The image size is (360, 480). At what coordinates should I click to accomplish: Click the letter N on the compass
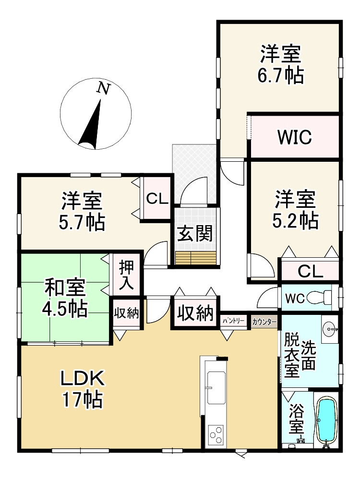(x=104, y=88)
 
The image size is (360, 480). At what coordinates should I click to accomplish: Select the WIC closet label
(x=295, y=137)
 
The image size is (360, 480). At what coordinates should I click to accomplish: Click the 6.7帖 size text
(x=281, y=75)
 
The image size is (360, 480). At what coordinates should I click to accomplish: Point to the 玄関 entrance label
(x=195, y=234)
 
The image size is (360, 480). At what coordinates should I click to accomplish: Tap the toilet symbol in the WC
(x=319, y=298)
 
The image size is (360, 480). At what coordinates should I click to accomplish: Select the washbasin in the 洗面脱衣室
(x=330, y=329)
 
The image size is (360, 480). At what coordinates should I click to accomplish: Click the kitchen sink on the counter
(x=216, y=387)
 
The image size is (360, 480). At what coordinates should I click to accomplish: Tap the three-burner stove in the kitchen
(x=216, y=435)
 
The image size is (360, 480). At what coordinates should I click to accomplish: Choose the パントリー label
(x=234, y=321)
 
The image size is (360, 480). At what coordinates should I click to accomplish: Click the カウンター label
(x=264, y=322)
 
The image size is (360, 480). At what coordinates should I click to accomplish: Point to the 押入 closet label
(x=126, y=275)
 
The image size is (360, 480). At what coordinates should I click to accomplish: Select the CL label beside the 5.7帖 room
(x=157, y=199)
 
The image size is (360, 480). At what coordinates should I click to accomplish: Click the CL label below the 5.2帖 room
(x=311, y=271)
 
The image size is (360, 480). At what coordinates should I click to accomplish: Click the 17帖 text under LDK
(x=83, y=399)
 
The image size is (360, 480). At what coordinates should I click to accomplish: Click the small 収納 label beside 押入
(x=126, y=313)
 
